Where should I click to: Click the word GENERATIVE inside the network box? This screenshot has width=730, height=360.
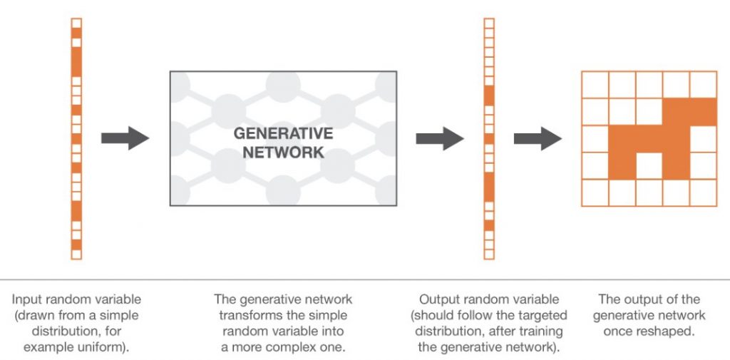(283, 133)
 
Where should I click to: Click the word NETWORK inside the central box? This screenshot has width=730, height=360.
(283, 152)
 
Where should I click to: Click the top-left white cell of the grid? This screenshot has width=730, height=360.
(595, 85)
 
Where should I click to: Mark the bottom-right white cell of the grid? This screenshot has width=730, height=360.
(703, 192)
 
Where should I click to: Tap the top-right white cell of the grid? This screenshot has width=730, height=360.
(703, 85)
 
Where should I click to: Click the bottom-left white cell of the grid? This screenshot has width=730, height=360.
(595, 192)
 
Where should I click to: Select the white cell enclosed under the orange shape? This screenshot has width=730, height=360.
(649, 165)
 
